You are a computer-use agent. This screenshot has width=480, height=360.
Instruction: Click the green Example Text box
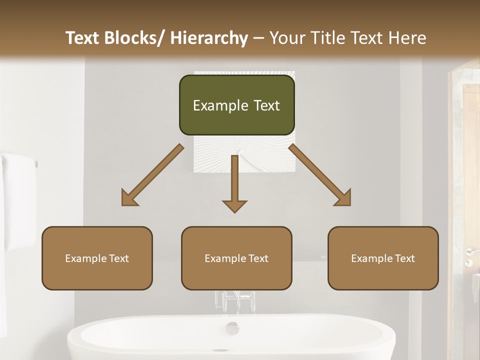pos(236,105)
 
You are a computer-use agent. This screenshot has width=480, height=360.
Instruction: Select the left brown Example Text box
pos(97,258)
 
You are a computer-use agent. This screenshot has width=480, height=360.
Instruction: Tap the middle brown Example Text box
pos(236,258)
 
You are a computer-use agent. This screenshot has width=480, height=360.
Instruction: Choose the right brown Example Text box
pos(383,258)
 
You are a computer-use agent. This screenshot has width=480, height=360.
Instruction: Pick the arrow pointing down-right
pos(320,175)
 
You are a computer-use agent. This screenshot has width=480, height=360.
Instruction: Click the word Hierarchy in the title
pos(209,38)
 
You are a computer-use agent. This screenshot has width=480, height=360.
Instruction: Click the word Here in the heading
pos(407,38)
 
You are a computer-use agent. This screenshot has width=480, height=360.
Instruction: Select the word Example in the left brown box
pos(85,258)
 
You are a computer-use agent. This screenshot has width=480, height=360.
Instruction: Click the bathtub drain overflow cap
pos(232,328)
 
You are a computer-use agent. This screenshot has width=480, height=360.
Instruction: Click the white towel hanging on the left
pos(17,200)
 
